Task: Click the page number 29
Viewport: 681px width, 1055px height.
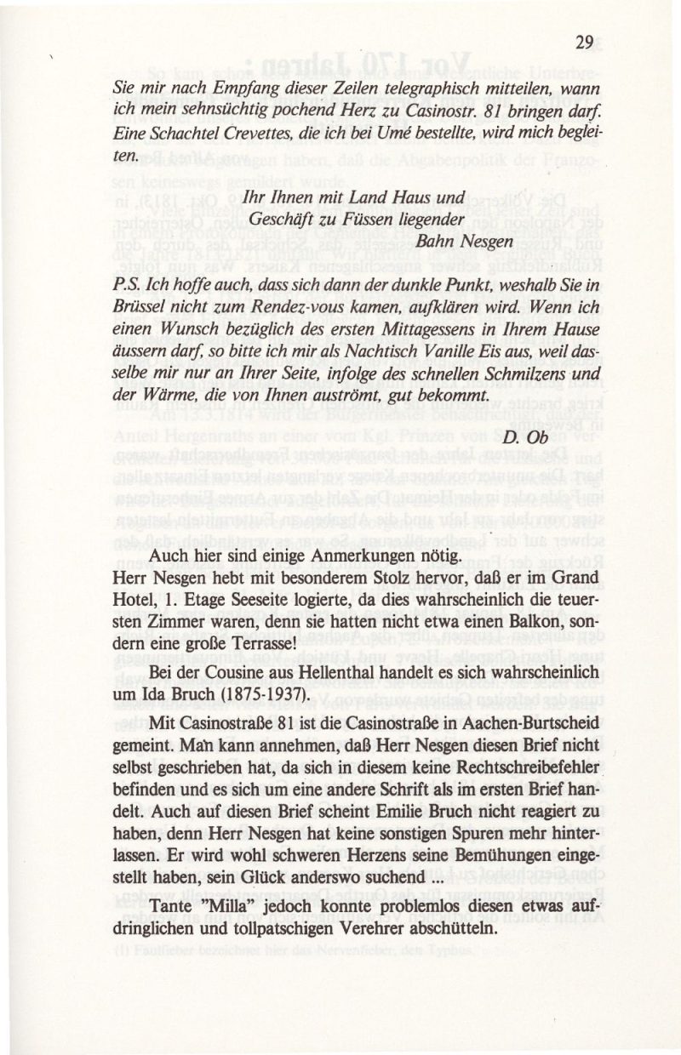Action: [x=583, y=43]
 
